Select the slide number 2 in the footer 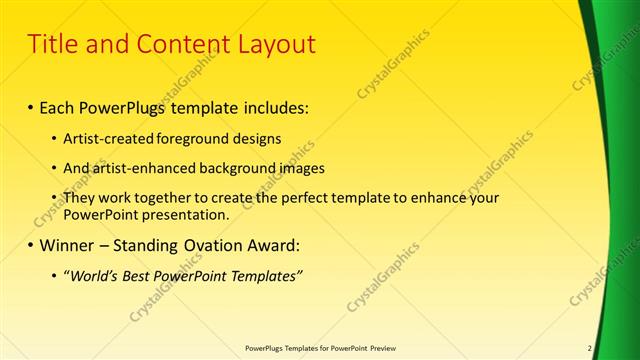(590, 348)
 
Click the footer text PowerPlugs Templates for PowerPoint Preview (320, 348)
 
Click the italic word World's (91, 275)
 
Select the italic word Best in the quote (141, 275)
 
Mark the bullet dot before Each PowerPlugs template (31, 106)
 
